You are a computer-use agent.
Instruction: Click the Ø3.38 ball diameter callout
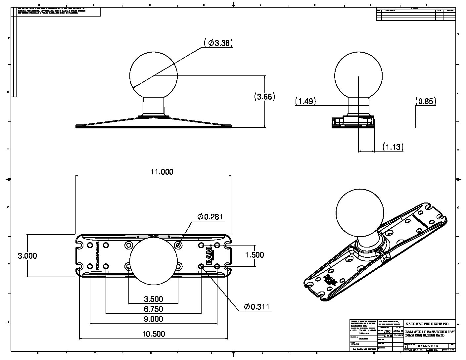pos(219,43)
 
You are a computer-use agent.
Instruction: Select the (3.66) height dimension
pos(265,96)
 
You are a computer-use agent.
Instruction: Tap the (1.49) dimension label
pos(305,101)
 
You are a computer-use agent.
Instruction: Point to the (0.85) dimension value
pos(426,101)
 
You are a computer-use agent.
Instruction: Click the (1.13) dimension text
pos(393,147)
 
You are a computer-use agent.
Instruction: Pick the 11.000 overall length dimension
pos(162,171)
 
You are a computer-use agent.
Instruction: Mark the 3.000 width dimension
pos(27,255)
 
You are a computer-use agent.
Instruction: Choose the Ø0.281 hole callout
pos(210,217)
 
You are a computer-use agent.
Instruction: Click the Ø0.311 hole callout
pos(257,307)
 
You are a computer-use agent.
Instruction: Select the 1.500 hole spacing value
pos(254,254)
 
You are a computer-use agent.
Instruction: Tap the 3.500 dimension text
pos(153,299)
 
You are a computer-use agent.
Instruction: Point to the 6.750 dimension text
pos(153,309)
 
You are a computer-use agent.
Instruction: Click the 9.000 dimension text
pos(153,319)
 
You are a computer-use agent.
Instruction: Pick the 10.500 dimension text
pos(153,334)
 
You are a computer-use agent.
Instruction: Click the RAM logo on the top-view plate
pos(210,255)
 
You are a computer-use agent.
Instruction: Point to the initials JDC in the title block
pos(387,331)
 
